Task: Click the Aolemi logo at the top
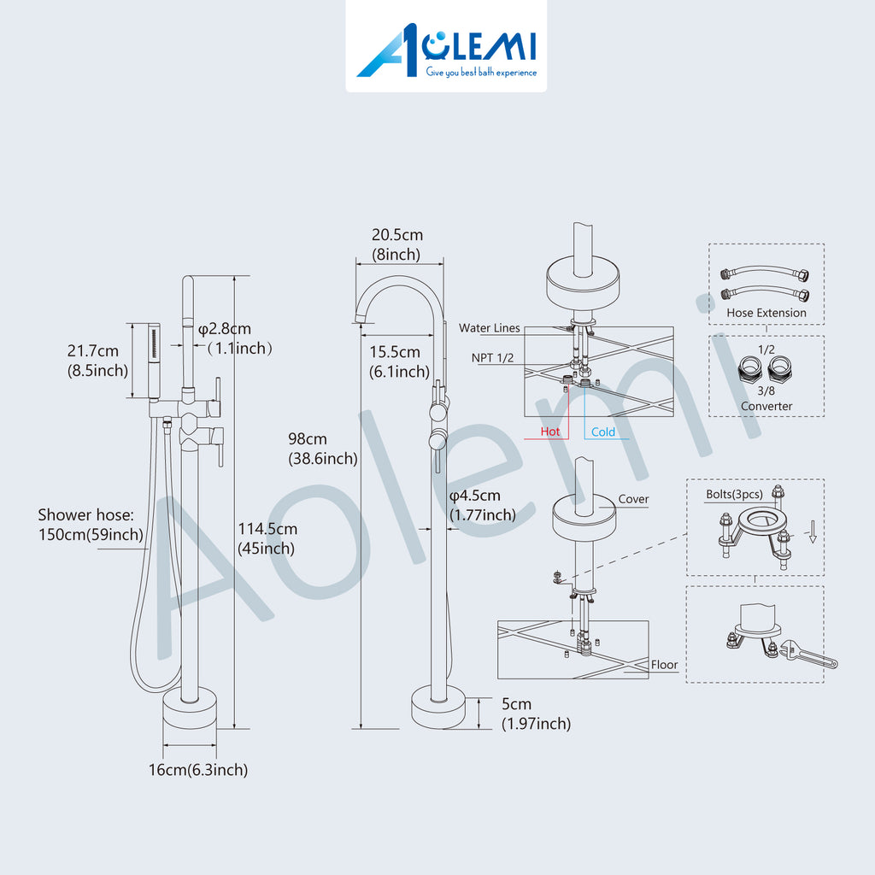pos(446,52)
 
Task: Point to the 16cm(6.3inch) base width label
pos(198,770)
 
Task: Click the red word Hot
pos(549,432)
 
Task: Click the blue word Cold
pos(602,432)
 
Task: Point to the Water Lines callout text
pos(490,328)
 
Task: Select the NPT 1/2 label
pos(492,358)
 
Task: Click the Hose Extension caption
pos(766,313)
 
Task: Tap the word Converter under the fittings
pos(766,406)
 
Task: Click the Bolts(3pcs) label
pos(734,495)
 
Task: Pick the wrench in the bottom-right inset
pos(808,654)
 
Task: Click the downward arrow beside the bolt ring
pos(813,531)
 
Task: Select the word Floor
pos(664,665)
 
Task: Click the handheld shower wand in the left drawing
pos(154,361)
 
